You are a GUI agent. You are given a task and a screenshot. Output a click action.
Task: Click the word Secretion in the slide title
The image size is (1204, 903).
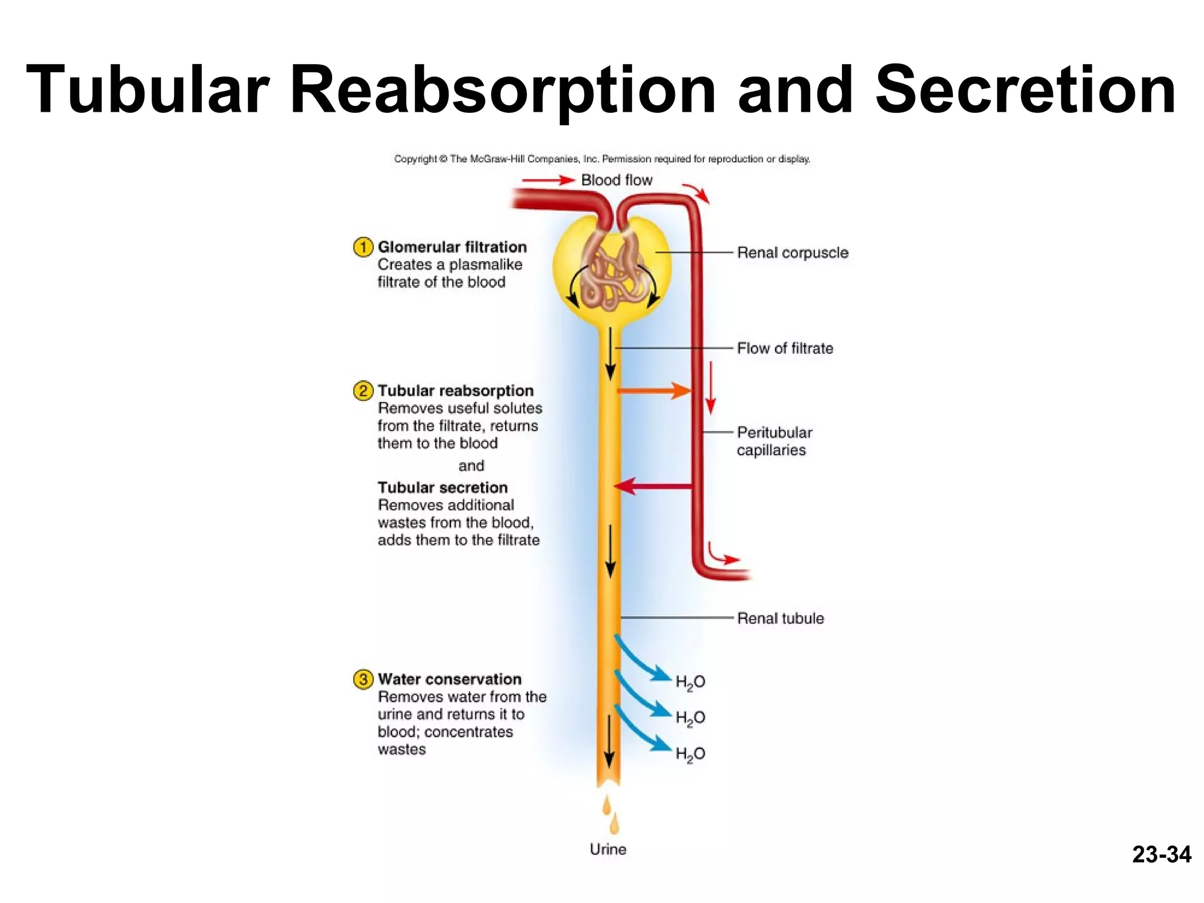click(x=1025, y=91)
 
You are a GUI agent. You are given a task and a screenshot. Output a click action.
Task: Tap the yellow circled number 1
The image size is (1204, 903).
click(x=363, y=247)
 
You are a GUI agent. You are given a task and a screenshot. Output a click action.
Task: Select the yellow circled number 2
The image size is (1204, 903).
click(x=363, y=390)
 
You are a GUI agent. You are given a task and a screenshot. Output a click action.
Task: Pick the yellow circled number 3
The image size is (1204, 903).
click(x=363, y=679)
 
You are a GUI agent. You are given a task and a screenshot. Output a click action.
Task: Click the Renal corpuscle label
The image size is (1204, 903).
click(x=792, y=253)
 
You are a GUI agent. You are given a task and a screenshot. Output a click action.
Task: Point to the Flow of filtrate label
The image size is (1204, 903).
click(x=785, y=348)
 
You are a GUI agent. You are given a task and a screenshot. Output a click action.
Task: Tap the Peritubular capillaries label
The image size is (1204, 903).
click(x=774, y=441)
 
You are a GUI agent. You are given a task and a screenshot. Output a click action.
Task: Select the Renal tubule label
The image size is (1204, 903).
click(x=780, y=618)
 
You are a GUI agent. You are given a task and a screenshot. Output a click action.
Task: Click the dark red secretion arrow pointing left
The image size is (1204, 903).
click(x=653, y=486)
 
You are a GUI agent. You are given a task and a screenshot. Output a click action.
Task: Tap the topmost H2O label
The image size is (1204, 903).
click(x=690, y=682)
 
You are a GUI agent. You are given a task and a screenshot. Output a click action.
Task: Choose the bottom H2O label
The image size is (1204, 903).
click(x=690, y=754)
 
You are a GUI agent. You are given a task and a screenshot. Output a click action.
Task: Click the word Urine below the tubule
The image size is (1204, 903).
click(x=608, y=849)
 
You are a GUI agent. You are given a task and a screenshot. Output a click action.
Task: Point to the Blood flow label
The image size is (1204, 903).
click(x=617, y=180)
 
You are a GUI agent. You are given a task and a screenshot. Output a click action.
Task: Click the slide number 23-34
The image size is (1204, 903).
click(x=1161, y=854)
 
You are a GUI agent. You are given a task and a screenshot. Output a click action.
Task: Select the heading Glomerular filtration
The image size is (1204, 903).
click(x=452, y=247)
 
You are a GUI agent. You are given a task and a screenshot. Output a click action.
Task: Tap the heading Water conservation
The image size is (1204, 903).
click(x=450, y=679)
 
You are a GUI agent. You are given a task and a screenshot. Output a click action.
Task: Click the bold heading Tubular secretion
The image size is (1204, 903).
click(x=443, y=487)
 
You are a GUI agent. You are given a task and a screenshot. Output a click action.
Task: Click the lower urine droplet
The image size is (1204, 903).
click(x=614, y=824)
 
